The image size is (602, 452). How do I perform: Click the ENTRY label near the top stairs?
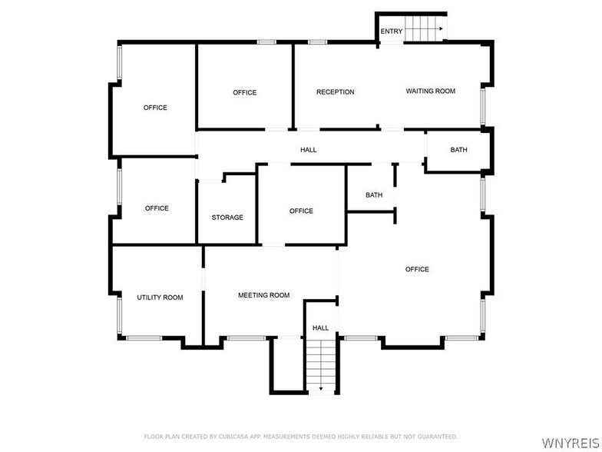(391, 32)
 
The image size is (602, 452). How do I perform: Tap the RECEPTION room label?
(336, 92)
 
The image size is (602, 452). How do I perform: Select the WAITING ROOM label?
(431, 91)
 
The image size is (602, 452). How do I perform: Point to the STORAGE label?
(227, 218)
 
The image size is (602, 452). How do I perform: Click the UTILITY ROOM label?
(160, 297)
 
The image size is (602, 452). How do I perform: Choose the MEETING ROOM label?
(263, 295)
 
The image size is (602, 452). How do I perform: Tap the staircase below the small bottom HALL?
(321, 366)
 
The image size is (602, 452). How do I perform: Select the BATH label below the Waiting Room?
(458, 150)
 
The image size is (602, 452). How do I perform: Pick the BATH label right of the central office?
(374, 195)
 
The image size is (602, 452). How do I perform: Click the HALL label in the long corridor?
(308, 150)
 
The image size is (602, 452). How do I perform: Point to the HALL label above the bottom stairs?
(320, 328)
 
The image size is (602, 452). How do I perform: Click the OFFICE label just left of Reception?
(245, 93)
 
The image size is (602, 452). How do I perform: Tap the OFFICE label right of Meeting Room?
(417, 269)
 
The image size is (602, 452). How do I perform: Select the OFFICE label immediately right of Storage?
(301, 211)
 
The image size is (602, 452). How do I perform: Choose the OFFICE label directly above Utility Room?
(157, 208)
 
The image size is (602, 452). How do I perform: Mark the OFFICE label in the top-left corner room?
(155, 108)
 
